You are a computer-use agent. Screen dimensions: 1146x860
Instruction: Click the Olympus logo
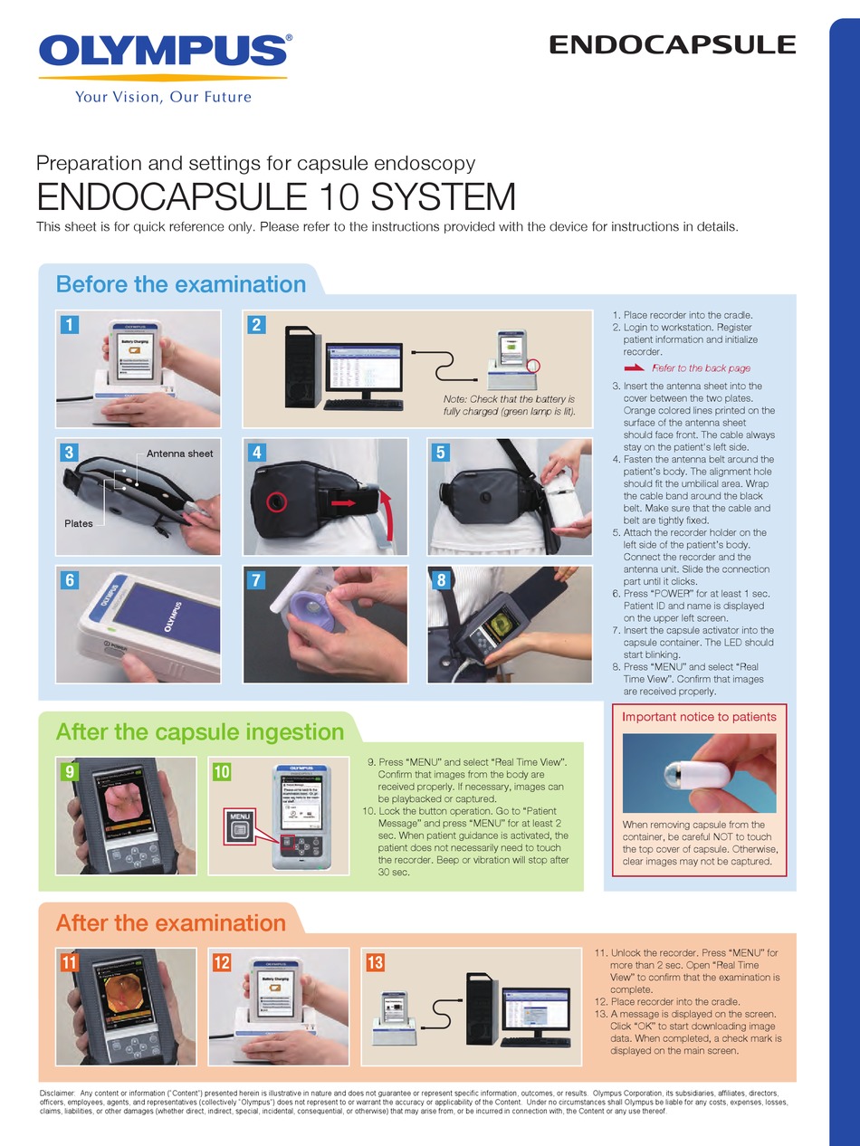click(x=164, y=52)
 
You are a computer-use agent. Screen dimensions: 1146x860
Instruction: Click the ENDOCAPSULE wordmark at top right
click(x=673, y=44)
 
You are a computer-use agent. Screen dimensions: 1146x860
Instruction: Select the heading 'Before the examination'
click(x=181, y=284)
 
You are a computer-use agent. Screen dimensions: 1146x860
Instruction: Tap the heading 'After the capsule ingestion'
click(x=200, y=731)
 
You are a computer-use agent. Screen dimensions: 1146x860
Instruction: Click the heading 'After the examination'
click(x=171, y=923)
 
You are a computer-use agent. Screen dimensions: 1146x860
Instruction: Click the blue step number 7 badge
click(x=257, y=580)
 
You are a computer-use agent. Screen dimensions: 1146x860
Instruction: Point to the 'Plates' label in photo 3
click(x=79, y=523)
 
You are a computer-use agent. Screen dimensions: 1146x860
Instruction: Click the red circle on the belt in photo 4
click(x=274, y=501)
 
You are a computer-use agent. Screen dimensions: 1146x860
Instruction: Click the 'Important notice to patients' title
click(x=699, y=717)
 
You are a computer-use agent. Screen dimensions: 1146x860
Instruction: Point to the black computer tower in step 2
click(x=302, y=364)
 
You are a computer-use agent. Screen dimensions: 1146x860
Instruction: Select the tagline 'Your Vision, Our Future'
click(x=163, y=97)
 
